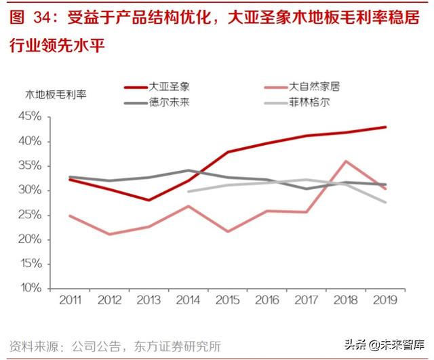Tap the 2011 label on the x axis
coord(71,299)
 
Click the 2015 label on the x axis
coord(228,299)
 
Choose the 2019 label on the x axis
coord(384,299)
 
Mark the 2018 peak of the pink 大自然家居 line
coord(347,161)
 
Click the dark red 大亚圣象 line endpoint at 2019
coord(386,127)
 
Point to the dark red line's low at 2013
coord(149,200)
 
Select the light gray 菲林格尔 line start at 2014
coord(188,191)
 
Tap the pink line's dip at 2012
coord(110,234)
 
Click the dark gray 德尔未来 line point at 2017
coord(307,188)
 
